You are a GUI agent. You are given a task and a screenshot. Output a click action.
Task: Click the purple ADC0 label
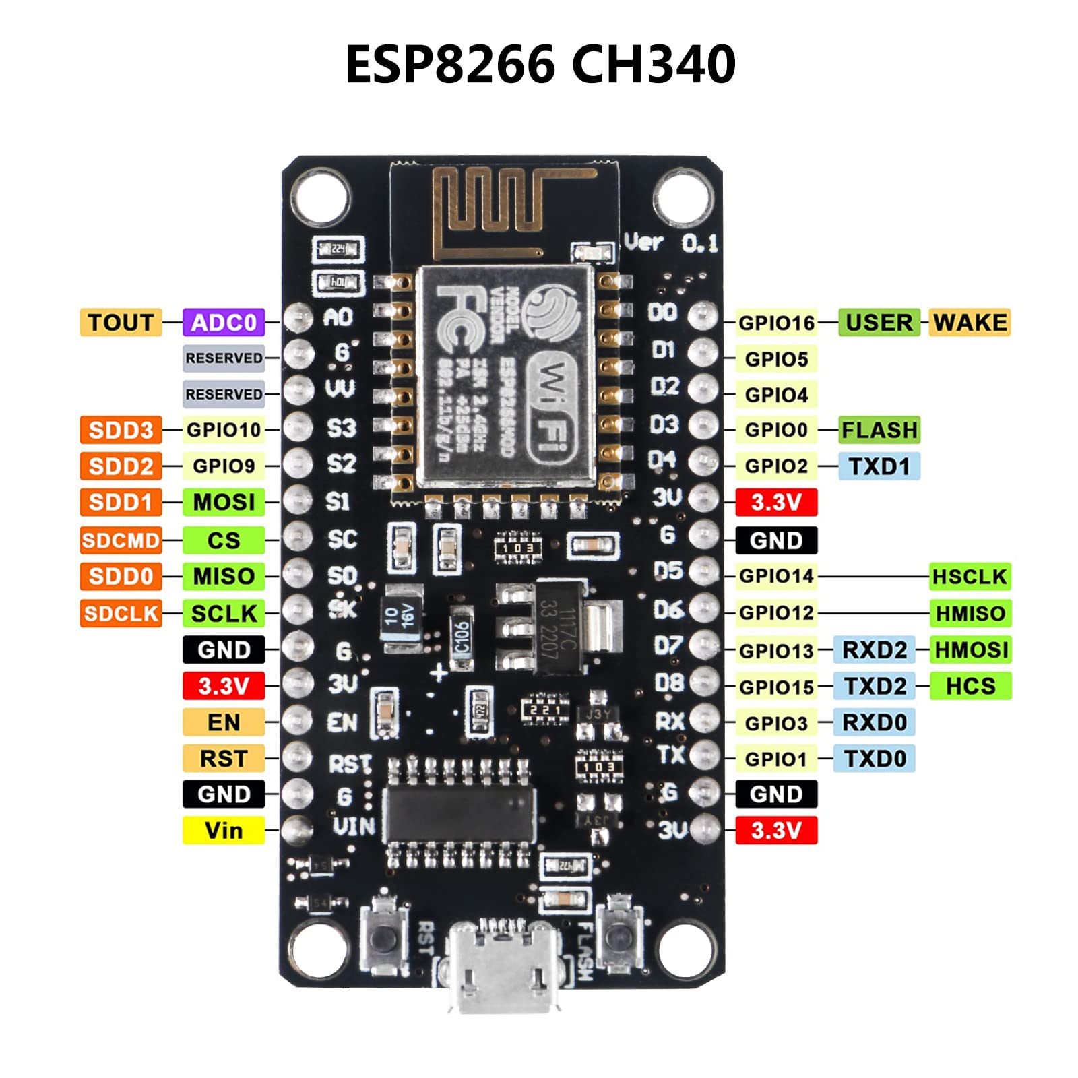pos(223,323)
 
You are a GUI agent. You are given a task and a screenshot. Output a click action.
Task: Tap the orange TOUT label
pos(121,323)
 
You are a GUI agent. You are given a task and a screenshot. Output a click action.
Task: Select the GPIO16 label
pos(776,323)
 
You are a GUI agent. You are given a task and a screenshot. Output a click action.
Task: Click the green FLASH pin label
pos(879,430)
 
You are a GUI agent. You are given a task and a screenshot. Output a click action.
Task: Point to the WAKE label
pos(970,323)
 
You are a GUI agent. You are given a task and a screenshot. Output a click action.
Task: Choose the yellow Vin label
pos(223,830)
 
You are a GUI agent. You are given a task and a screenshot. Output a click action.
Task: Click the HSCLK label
pos(970,577)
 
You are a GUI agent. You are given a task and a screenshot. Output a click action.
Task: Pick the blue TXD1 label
pos(879,466)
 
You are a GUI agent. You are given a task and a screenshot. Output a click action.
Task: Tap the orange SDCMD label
pos(121,540)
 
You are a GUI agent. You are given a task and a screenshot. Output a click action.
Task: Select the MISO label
pos(223,577)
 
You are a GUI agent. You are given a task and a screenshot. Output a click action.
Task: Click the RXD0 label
pos(875,722)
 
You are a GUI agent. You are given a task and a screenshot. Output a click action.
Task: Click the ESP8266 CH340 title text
pos(540,64)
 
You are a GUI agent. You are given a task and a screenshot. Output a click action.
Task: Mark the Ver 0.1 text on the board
pos(670,243)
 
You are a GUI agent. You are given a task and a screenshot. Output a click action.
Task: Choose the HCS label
pos(970,686)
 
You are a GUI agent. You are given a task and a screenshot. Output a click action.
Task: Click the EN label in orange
pos(223,722)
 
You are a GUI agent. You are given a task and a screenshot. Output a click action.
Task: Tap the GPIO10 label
pos(223,430)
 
